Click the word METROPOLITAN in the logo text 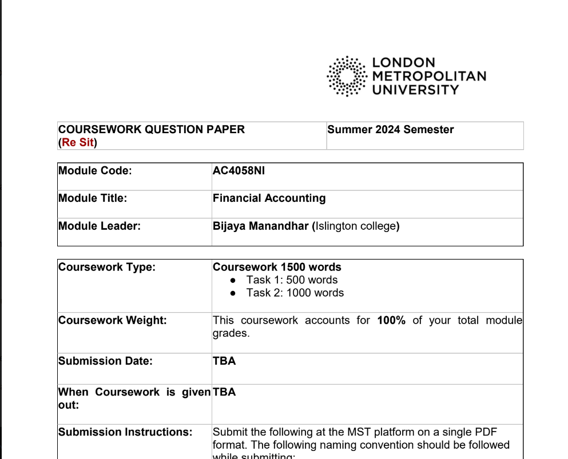[429, 76]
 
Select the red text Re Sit [78, 142]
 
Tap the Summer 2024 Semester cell [391, 130]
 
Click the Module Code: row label [95, 170]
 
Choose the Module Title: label [93, 198]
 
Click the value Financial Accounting [269, 198]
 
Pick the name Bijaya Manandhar [261, 226]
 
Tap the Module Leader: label [100, 226]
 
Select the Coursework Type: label [107, 267]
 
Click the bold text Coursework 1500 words [277, 267]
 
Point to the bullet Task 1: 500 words [292, 280]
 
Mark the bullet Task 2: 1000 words [295, 293]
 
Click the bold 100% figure [391, 320]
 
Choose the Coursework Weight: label [113, 320]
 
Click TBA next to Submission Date [224, 361]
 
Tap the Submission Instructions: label [125, 432]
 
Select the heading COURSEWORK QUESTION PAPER [152, 130]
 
